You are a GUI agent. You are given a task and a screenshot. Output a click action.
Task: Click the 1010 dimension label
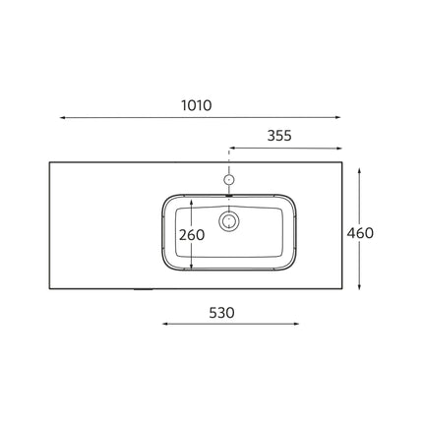pos(197,105)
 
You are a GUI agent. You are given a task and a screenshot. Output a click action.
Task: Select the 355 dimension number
pos(279,136)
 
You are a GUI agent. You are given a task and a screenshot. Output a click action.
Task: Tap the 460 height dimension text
pos(360,233)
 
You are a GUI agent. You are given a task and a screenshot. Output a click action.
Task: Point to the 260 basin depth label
pos(192,235)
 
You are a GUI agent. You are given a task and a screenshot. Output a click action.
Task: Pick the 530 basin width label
pos(221,313)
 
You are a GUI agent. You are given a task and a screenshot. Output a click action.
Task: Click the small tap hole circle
pos(229,179)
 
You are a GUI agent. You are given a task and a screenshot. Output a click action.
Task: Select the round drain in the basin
pos(228,221)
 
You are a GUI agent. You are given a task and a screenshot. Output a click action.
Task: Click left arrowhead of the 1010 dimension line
pos(62,117)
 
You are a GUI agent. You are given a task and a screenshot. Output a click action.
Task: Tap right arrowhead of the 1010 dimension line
pos(338,117)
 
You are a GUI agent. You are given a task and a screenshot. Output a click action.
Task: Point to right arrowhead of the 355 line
pos(339,149)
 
